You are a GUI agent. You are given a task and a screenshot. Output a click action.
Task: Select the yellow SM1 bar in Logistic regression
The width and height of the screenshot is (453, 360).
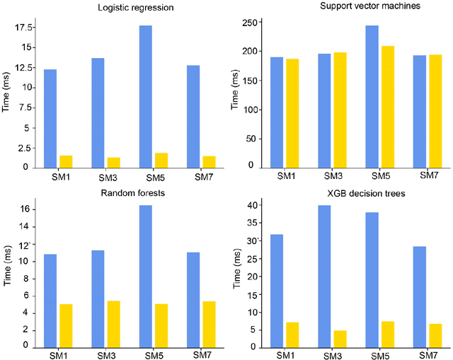click(66, 161)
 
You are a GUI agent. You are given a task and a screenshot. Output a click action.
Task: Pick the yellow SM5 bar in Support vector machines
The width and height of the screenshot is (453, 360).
click(387, 107)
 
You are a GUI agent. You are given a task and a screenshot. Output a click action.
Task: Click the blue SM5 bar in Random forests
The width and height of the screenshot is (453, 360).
click(145, 276)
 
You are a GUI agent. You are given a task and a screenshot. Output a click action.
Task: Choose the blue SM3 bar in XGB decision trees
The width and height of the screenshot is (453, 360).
click(325, 276)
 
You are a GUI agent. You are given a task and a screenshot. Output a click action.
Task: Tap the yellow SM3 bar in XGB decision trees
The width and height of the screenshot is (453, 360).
click(340, 339)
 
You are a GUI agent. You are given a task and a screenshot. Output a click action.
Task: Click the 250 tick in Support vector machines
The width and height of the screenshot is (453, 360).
click(248, 23)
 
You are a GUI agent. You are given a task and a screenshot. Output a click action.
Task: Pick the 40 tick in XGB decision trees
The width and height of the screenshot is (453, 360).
click(250, 205)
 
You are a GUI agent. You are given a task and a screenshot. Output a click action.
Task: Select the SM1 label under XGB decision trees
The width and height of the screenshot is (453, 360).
click(286, 354)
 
